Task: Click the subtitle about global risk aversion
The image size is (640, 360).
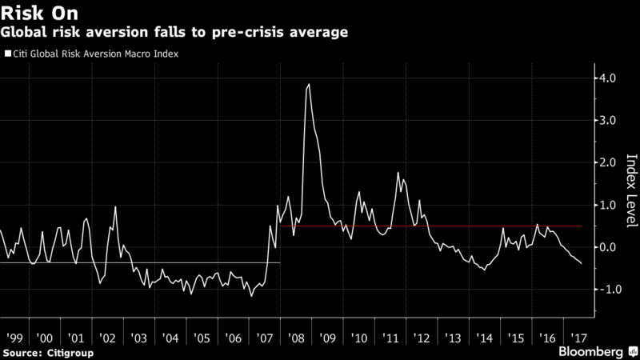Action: [174, 33]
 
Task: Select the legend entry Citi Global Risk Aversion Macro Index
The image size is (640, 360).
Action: [93, 55]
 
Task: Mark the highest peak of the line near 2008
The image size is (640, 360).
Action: [309, 84]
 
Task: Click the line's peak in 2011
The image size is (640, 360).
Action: [398, 173]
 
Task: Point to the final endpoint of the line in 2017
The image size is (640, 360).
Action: [582, 263]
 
